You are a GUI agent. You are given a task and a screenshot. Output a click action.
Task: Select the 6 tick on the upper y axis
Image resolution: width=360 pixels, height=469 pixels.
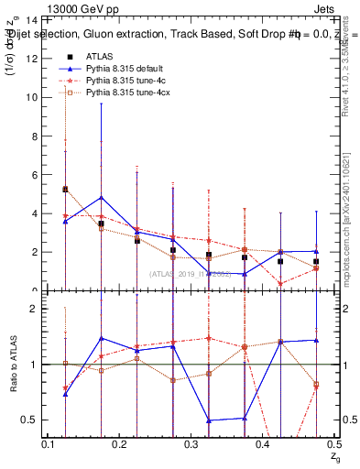(33, 174)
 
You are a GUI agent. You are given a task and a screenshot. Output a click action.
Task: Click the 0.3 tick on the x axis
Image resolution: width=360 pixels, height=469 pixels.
(191, 443)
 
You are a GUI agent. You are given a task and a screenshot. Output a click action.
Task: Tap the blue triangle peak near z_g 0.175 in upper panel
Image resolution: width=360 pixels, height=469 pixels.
(101, 198)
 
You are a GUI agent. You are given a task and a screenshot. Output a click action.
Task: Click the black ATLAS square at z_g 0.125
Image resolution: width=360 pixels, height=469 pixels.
(65, 190)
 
